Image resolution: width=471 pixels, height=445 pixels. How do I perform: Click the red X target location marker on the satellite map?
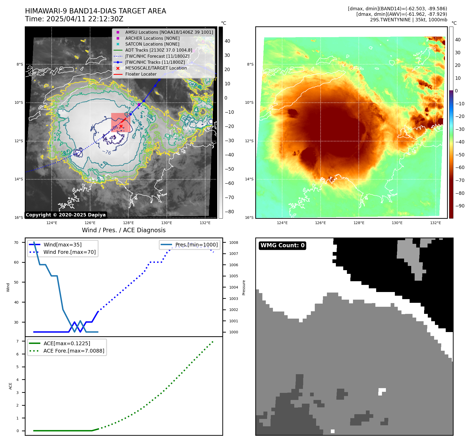[121, 126]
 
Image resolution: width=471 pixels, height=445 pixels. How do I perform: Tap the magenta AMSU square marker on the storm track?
[139, 105]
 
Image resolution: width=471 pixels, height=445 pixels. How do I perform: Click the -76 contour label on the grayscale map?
[106, 152]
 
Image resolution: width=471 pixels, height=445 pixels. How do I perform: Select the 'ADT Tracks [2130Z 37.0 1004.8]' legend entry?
[159, 50]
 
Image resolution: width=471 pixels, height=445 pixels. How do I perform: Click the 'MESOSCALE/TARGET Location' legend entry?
[156, 68]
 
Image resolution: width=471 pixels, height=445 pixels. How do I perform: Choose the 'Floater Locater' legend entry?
[141, 74]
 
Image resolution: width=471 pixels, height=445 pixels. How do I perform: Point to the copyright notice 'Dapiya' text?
[66, 215]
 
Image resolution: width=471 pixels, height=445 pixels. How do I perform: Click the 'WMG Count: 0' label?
[282, 245]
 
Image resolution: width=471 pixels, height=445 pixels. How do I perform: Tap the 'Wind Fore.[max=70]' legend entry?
[70, 252]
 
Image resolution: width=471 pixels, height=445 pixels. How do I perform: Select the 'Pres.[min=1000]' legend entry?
[197, 245]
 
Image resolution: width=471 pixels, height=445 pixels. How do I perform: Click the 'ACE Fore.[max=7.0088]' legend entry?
[74, 351]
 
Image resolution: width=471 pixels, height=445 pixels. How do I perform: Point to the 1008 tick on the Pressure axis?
[233, 243]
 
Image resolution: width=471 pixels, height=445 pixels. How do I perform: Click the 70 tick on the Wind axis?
[16, 243]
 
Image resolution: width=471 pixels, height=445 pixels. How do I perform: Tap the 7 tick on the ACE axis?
[18, 341]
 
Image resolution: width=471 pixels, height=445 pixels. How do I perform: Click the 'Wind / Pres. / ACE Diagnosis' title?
[124, 230]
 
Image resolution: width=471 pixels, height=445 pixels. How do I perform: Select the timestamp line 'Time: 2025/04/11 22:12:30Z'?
[74, 19]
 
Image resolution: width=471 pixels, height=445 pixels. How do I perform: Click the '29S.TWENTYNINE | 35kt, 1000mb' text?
[409, 20]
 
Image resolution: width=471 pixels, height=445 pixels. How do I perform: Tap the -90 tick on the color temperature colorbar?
[460, 206]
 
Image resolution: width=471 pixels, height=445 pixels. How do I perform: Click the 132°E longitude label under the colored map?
[435, 223]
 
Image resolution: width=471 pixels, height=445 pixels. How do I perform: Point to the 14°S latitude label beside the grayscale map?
[19, 179]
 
